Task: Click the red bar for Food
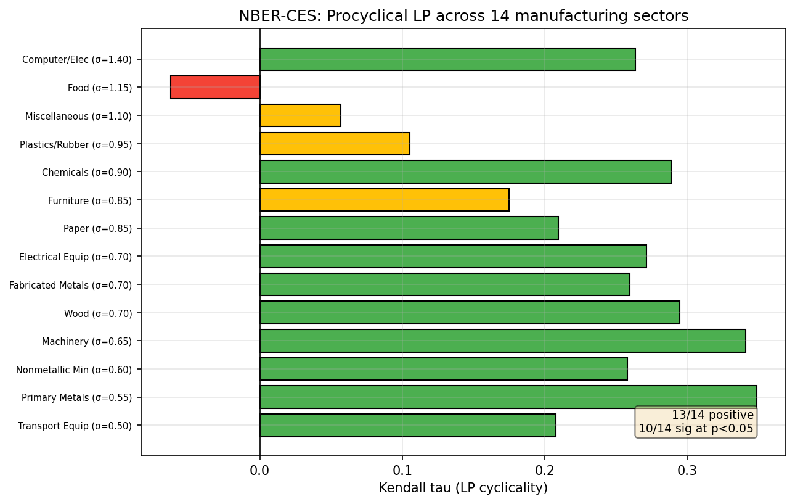click(x=215, y=88)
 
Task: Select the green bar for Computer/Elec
click(x=447, y=59)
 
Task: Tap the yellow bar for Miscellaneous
click(x=300, y=115)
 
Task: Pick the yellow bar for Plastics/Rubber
click(x=335, y=144)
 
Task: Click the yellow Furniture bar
click(x=385, y=200)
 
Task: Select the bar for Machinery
click(x=502, y=341)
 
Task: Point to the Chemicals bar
click(x=465, y=172)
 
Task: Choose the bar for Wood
click(x=470, y=313)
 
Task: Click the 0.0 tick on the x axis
click(x=260, y=471)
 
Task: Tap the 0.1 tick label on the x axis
click(x=402, y=471)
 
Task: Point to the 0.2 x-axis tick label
click(x=545, y=471)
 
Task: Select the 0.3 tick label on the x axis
click(x=687, y=471)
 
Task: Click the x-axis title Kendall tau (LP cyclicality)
click(x=463, y=488)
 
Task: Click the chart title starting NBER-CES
click(x=463, y=16)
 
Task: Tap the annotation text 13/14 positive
click(x=712, y=415)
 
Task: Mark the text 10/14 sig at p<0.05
click(x=696, y=429)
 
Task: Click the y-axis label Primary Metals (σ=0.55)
click(x=76, y=397)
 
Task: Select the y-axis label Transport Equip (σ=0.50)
click(x=75, y=426)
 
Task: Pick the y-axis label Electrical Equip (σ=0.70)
click(x=75, y=257)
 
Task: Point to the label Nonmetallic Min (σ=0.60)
click(x=74, y=370)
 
